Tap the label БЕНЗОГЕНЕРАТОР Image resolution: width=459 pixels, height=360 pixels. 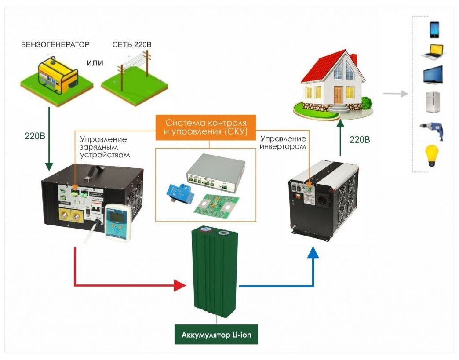point(55,45)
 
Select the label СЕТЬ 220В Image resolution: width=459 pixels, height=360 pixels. point(132,45)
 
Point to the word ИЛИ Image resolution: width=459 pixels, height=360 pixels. point(95,63)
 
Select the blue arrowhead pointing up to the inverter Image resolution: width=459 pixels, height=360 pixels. point(313,254)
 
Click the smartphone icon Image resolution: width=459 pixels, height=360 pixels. point(434,29)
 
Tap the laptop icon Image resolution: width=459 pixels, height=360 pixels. point(433,51)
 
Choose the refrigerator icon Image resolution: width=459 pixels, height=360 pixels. point(433,102)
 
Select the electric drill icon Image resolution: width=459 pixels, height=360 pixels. point(434,131)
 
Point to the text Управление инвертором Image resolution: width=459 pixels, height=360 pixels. point(283,142)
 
